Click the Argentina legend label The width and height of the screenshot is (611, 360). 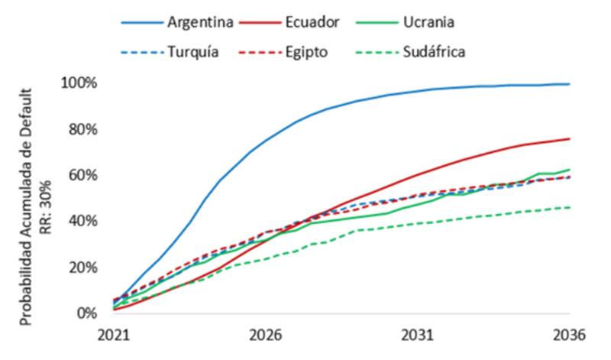point(200,21)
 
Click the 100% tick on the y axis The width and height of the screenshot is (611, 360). point(78,83)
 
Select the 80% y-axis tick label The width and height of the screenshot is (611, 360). point(81,128)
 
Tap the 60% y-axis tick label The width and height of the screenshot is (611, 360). point(81,175)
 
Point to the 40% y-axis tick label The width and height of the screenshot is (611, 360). point(81,221)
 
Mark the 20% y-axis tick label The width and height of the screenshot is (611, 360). point(81,268)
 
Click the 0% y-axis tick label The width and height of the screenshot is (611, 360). point(85,313)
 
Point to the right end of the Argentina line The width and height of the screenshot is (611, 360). point(570,84)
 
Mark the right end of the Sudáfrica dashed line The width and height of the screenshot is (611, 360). point(570,207)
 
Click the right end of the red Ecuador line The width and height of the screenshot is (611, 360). point(570,138)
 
